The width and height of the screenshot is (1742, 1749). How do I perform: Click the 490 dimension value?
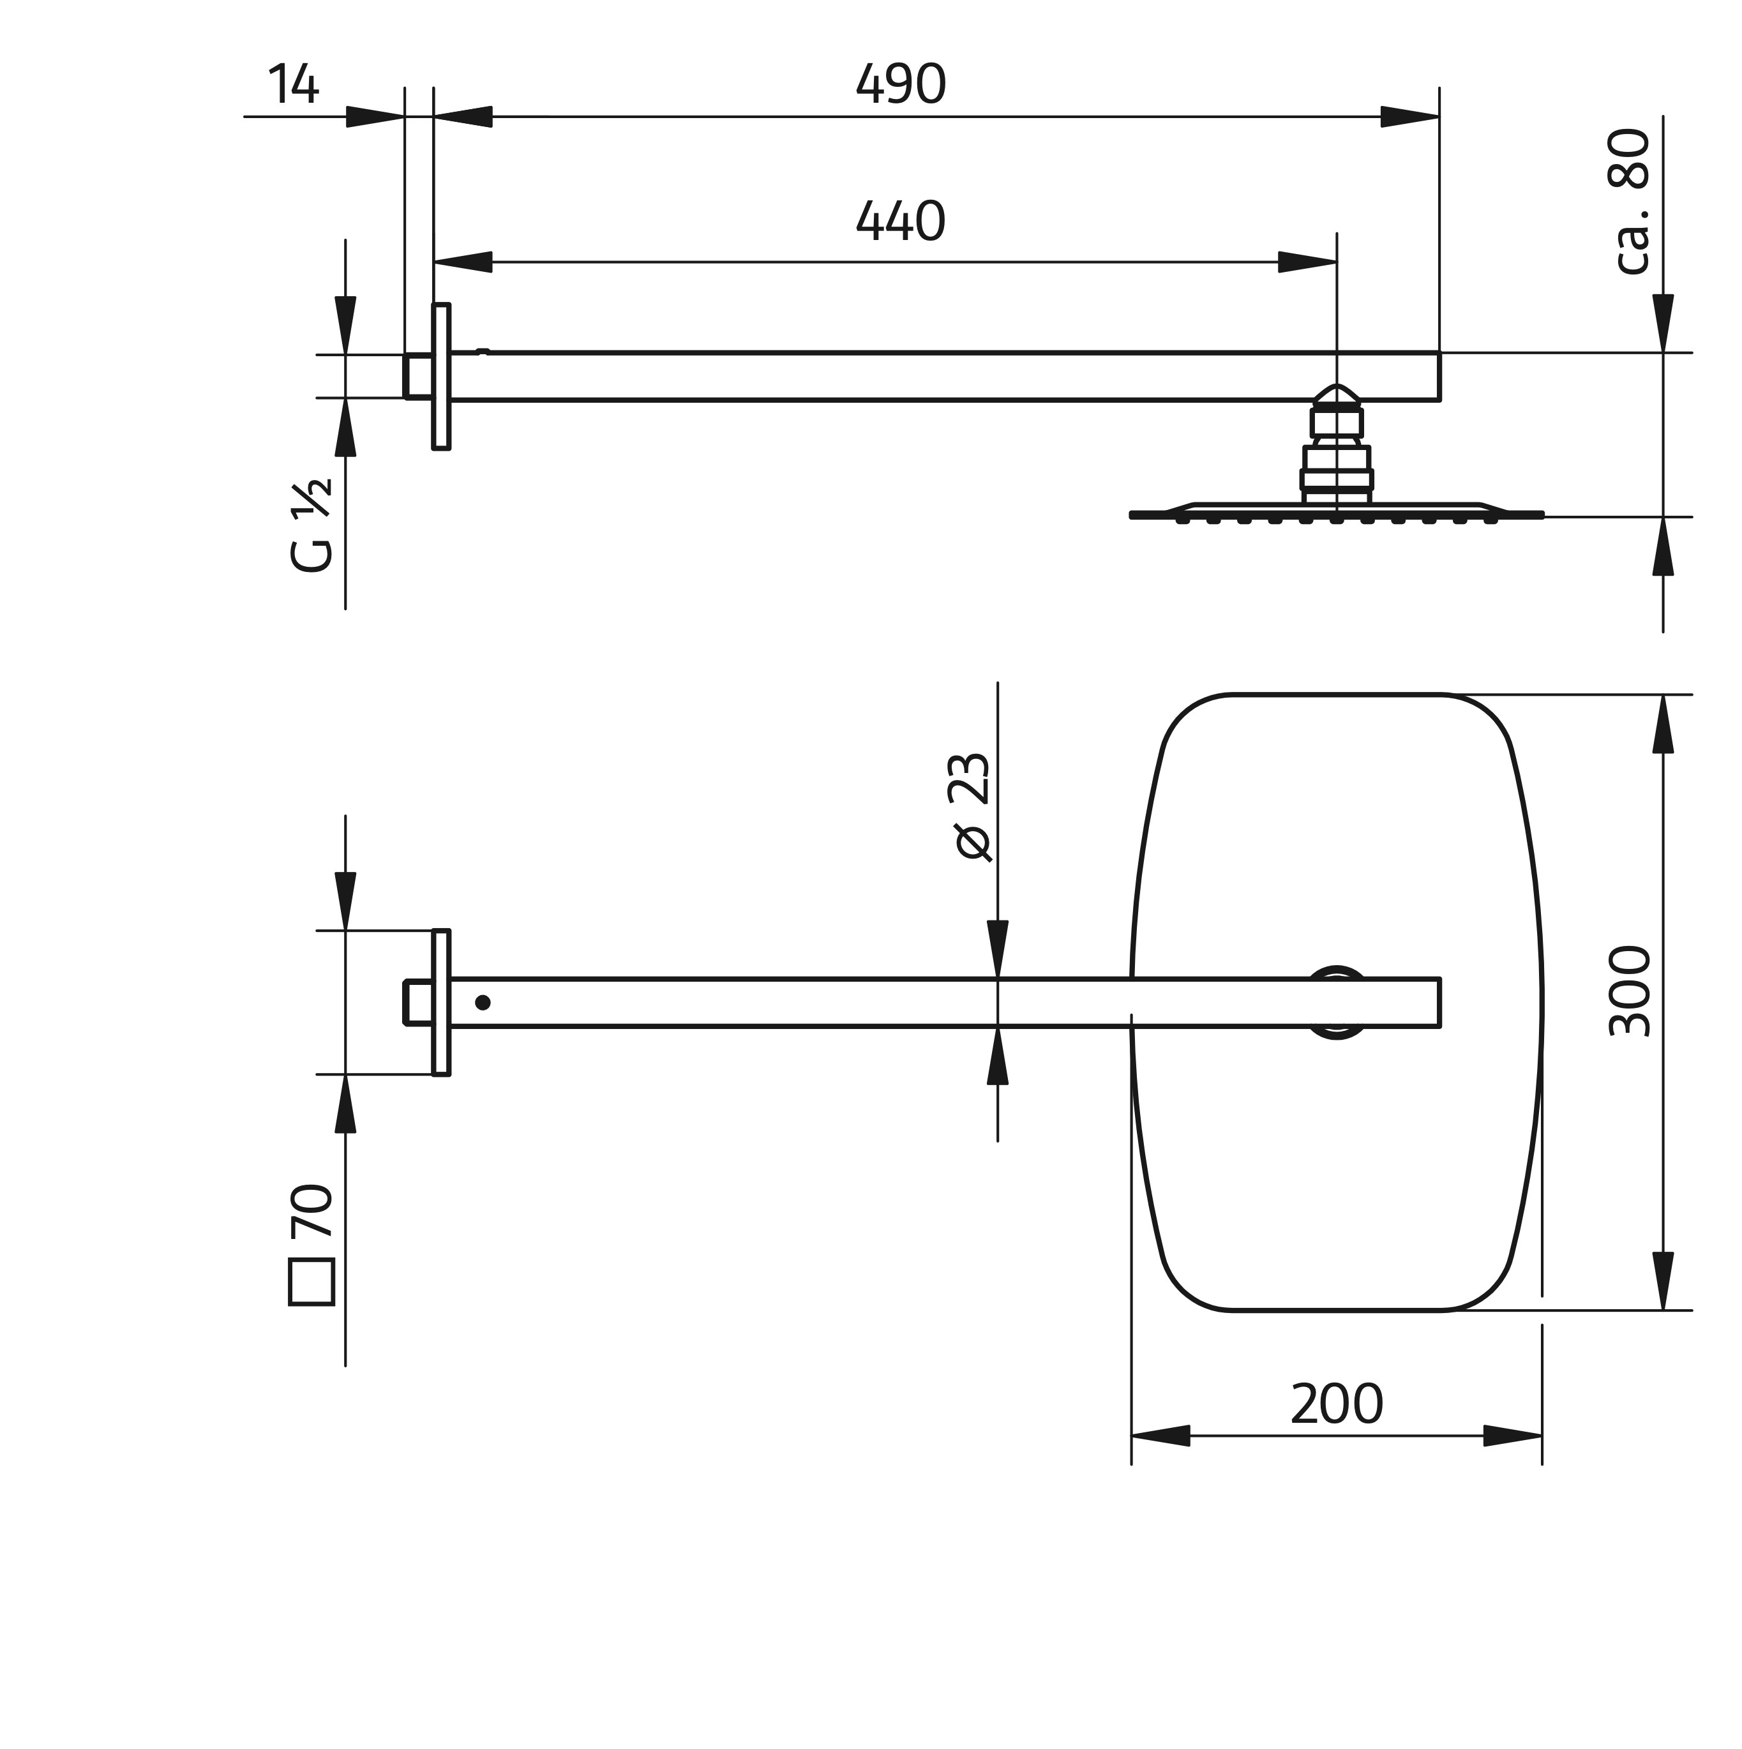(x=900, y=84)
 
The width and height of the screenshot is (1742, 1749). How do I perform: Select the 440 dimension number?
(x=900, y=221)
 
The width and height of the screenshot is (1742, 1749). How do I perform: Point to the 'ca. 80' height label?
(x=1629, y=201)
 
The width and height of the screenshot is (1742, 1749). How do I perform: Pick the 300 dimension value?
(x=1630, y=991)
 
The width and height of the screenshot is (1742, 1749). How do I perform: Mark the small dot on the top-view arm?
(x=483, y=1002)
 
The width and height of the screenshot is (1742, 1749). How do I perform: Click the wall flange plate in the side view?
(x=441, y=377)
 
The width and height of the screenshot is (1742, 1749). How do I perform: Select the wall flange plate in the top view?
(x=441, y=1002)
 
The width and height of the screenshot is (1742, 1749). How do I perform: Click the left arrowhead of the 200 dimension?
(x=1160, y=1436)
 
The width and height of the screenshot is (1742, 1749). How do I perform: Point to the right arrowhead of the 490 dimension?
(x=1409, y=117)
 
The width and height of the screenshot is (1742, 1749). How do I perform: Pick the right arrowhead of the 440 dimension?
(x=1307, y=262)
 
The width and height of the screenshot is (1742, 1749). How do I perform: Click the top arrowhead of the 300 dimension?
(x=1663, y=724)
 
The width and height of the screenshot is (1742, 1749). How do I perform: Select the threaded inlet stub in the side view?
(x=417, y=377)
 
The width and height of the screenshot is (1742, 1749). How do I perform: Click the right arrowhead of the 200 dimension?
(x=1513, y=1436)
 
